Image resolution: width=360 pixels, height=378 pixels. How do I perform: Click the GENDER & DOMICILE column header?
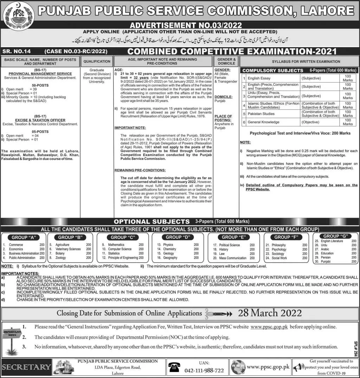[x=226, y=61]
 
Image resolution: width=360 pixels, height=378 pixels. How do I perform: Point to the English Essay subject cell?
[x=259, y=78]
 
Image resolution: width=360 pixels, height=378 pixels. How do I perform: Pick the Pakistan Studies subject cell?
[x=261, y=114]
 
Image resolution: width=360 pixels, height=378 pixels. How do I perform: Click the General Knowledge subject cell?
[x=263, y=122]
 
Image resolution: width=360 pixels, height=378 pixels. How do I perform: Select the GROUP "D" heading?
[x=179, y=237]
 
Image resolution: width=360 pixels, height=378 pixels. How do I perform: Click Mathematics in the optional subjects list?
[x=116, y=245]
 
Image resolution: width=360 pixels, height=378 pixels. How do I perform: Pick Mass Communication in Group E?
[x=233, y=258]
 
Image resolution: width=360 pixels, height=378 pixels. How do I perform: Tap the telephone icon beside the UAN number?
[x=174, y=367]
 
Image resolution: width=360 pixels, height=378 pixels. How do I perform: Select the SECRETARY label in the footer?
[x=26, y=367]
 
